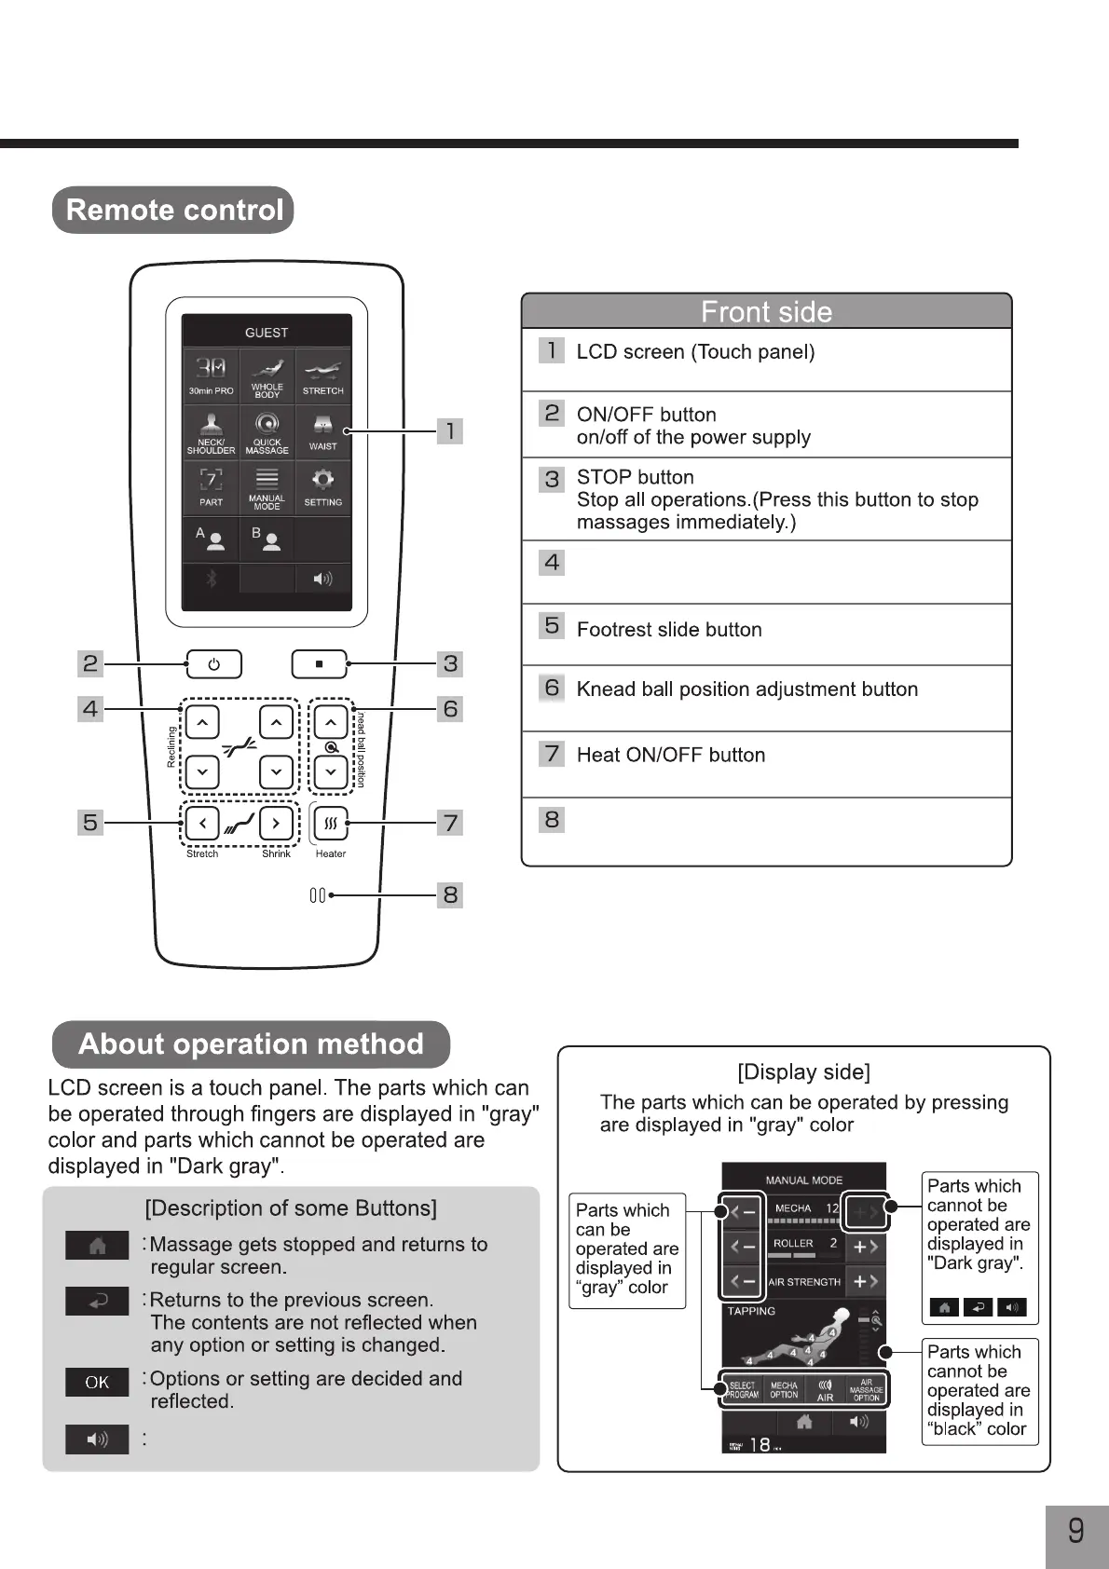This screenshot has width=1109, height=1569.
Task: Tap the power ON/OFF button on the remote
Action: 213,664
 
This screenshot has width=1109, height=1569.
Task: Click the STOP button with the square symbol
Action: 319,664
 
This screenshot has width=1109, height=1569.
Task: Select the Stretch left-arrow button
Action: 202,824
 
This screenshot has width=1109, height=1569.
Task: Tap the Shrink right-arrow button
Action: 276,824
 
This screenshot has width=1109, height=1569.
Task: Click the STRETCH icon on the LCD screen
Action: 322,375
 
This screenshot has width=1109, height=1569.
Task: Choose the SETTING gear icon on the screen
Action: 322,486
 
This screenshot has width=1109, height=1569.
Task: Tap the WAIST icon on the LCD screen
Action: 322,431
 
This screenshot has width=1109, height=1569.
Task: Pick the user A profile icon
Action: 211,539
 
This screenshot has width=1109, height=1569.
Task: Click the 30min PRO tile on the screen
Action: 211,375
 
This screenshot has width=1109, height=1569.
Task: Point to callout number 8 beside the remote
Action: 450,895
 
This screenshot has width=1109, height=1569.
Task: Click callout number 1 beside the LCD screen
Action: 450,430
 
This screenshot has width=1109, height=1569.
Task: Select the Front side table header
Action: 766,311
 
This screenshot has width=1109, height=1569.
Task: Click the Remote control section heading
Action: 174,210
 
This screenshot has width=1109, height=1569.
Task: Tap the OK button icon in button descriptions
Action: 97,1383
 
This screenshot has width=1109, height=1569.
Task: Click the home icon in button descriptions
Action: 97,1246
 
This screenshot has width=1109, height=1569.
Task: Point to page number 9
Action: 1075,1530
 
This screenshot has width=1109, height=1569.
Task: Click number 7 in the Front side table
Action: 552,753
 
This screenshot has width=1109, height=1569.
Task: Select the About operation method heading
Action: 251,1044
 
